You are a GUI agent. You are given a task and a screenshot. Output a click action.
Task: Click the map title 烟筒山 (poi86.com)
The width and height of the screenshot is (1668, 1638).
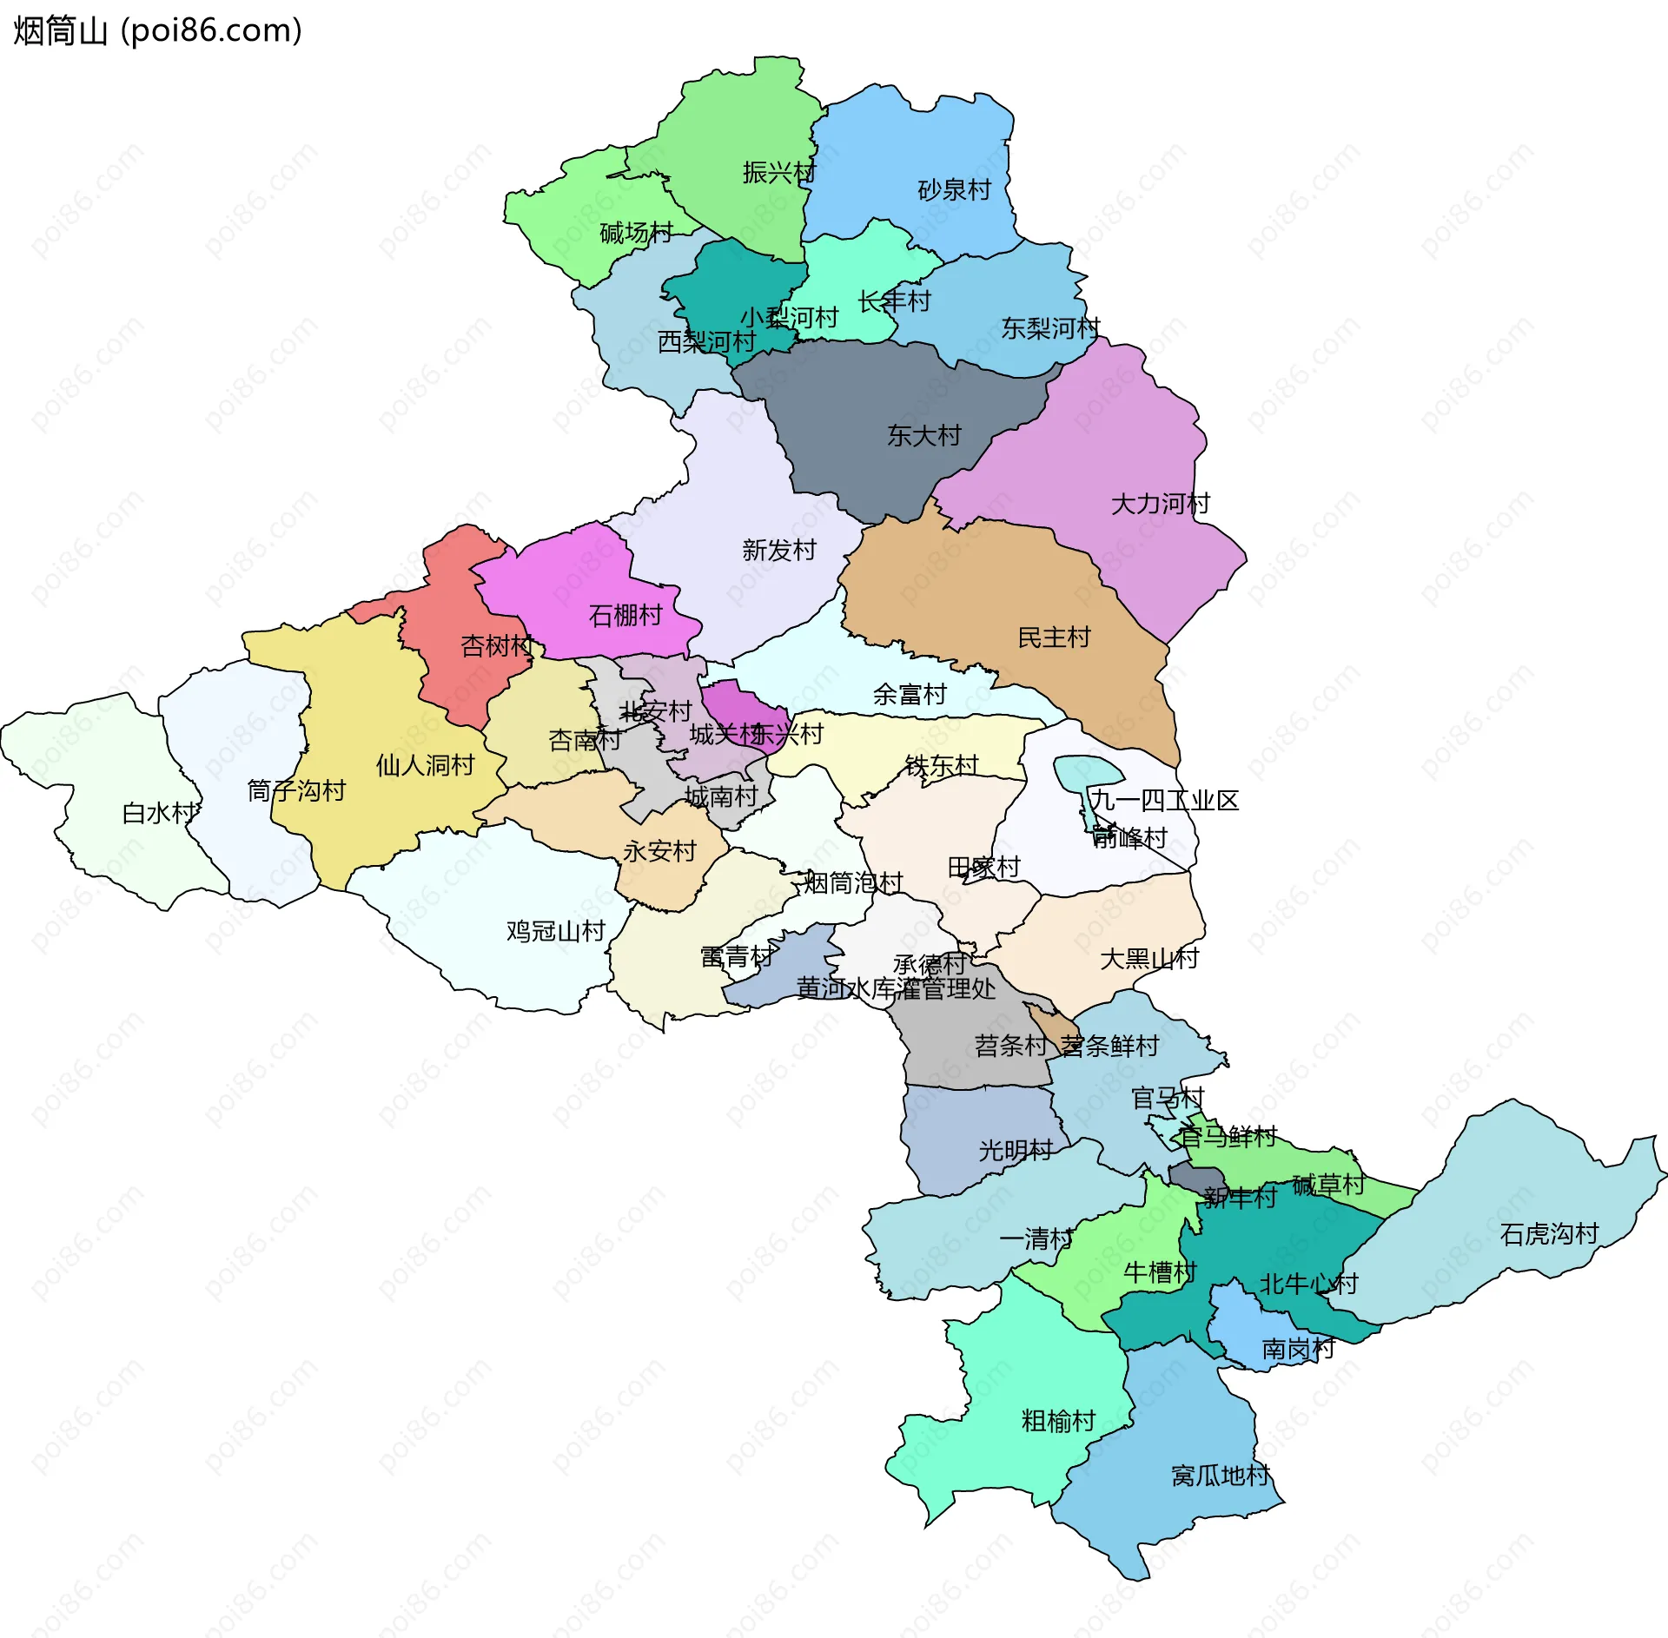[x=157, y=31]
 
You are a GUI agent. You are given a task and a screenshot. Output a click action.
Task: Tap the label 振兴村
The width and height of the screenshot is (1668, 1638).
[x=779, y=173]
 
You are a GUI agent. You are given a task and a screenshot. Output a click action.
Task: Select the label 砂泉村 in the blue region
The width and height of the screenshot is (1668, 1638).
[x=954, y=190]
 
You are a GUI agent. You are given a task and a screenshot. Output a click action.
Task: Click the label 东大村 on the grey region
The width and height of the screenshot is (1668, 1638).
[x=923, y=436]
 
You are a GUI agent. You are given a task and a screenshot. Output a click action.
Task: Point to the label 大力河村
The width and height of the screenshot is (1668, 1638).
[x=1160, y=504]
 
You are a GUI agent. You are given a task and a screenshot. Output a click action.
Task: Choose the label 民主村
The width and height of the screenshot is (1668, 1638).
[x=1053, y=638]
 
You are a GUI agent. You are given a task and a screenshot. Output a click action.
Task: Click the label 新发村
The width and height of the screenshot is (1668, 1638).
[x=778, y=551]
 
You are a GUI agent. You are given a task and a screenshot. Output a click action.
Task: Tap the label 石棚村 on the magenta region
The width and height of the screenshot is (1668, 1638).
[x=625, y=616]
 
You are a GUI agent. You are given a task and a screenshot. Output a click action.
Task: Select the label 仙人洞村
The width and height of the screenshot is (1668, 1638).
[x=425, y=765]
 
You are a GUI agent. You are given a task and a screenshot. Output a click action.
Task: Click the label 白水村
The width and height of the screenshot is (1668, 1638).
[x=159, y=814]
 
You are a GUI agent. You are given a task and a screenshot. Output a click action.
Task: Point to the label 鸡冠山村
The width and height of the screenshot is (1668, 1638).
[x=555, y=932]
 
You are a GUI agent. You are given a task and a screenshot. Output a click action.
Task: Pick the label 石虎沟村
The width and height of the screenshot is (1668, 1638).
[x=1549, y=1234]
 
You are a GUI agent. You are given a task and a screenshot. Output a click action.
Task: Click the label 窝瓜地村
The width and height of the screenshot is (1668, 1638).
[x=1220, y=1476]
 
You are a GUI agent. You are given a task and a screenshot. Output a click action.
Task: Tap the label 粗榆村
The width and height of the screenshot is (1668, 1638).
[x=1057, y=1422]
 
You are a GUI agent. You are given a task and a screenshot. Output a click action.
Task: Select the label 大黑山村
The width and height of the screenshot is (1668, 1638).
[x=1148, y=959]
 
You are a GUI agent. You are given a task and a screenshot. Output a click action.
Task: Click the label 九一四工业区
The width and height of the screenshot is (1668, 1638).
[x=1164, y=801]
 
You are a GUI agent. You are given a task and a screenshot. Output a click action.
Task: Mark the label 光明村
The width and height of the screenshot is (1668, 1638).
[x=1015, y=1151]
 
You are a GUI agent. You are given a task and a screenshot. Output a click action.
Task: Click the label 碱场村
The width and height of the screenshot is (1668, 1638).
[x=636, y=233]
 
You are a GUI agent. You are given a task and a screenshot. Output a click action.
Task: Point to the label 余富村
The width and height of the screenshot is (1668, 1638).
[x=909, y=695]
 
